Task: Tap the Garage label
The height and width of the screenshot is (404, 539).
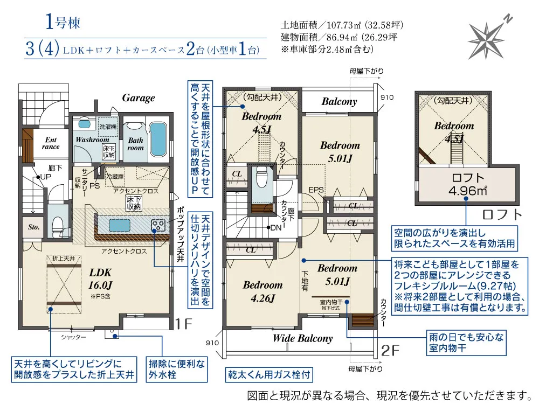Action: (x=138, y=97)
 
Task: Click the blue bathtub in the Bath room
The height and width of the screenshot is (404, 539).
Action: (x=157, y=140)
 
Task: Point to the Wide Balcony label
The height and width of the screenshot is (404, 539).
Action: (x=302, y=338)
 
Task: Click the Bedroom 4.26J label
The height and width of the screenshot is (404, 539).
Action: (x=262, y=291)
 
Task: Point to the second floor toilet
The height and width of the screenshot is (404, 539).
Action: (x=262, y=177)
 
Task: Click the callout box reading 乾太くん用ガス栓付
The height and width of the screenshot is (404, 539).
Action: (x=268, y=374)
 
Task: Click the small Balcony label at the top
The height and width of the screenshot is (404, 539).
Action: (x=339, y=101)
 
